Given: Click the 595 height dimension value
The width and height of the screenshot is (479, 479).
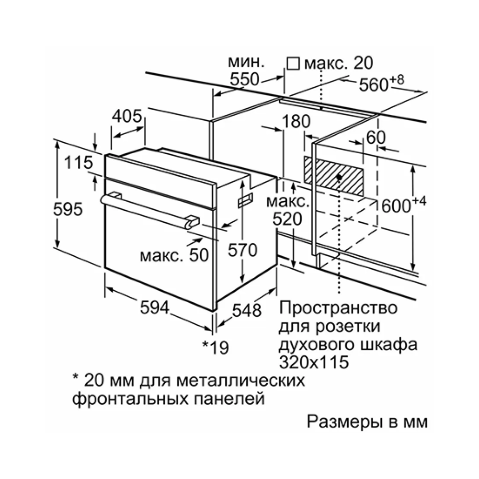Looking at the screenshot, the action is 68,209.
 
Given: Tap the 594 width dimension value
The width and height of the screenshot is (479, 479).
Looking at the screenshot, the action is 155,308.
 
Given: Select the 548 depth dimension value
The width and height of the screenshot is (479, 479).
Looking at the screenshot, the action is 247,310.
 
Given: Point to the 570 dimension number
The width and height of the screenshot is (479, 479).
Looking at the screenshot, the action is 243,250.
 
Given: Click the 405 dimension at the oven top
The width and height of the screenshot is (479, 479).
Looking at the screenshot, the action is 127,116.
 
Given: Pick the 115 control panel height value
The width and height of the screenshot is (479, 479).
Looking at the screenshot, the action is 79,162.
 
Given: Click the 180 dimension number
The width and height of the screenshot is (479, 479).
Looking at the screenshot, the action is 296,121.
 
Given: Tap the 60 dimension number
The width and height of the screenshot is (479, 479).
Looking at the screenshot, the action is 376,137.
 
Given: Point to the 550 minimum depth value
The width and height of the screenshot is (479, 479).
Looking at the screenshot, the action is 244,79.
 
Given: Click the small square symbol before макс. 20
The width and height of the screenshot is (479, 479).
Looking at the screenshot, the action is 293,64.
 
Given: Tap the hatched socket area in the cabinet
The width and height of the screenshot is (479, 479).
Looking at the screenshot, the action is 334,176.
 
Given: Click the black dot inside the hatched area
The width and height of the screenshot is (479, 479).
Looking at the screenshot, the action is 339,177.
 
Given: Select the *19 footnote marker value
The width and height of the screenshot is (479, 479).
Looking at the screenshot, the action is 216,347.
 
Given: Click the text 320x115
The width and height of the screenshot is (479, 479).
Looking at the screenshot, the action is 314,362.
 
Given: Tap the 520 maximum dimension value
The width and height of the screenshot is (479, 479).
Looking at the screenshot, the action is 287,219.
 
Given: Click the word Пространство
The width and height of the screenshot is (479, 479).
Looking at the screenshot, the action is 338,308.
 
